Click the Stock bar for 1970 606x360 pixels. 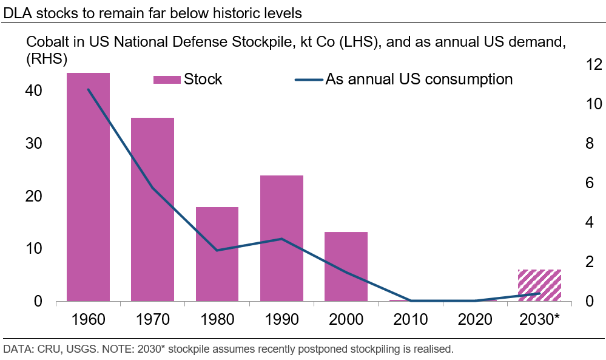click(152, 209)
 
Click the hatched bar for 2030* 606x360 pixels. click(539, 285)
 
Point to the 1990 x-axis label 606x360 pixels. click(281, 319)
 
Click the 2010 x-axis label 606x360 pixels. click(411, 319)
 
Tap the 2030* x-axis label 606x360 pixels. click(539, 319)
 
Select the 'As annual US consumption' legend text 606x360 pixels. click(419, 79)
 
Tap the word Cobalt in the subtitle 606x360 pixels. click(45, 42)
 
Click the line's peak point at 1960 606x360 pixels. click(88, 89)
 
